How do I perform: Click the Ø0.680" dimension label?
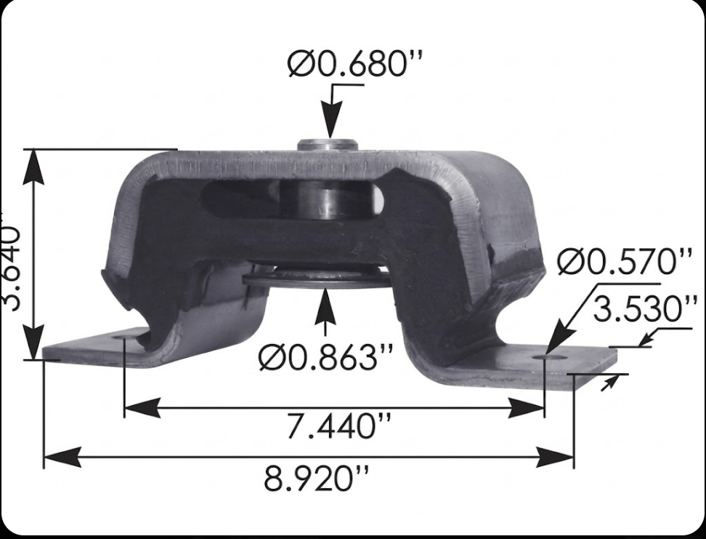pos(354,65)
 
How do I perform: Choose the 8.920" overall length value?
pos(316,479)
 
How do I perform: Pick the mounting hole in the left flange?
pos(120,338)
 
